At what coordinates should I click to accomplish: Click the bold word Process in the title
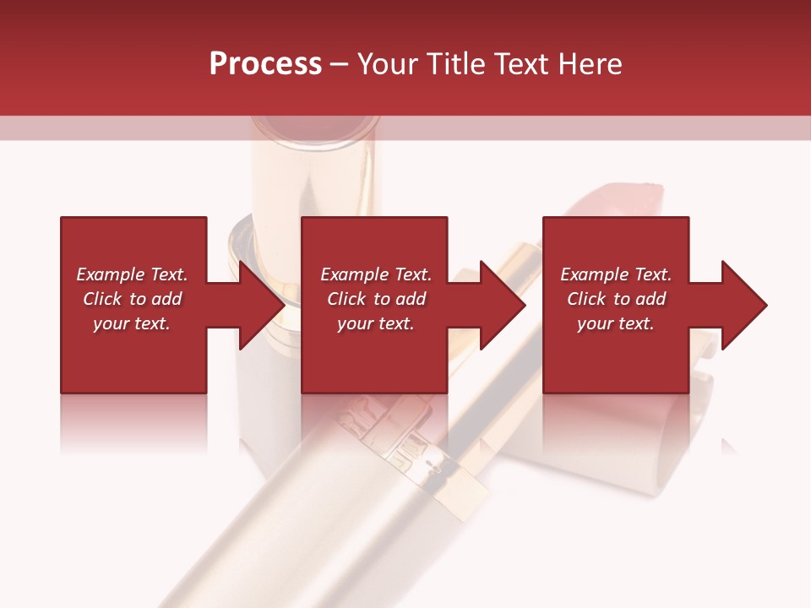265,64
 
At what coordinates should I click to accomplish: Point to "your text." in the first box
132,323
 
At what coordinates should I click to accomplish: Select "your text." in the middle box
375,323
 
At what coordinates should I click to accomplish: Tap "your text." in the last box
615,323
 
